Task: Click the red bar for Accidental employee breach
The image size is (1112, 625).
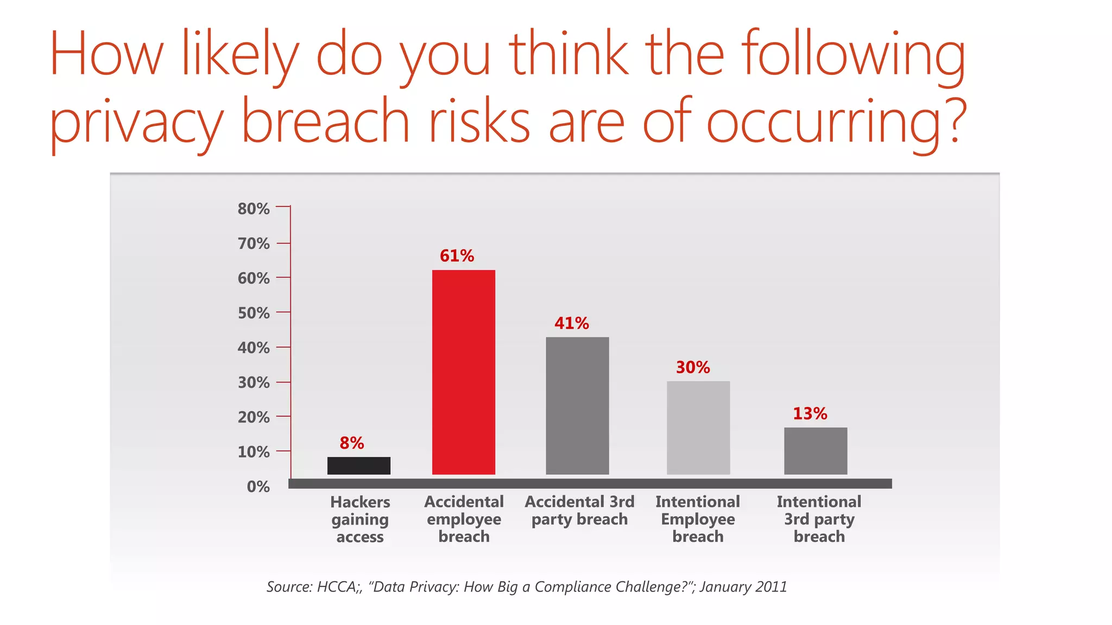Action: [463, 372]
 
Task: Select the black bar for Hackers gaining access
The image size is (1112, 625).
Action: [358, 465]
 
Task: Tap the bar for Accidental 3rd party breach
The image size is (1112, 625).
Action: [577, 406]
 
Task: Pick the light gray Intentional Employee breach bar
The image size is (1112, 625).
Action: [698, 428]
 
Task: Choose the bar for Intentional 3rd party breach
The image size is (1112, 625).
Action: [815, 451]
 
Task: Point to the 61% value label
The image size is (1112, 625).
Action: [457, 256]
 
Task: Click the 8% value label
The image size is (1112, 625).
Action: [352, 443]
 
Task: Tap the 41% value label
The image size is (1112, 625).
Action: [571, 323]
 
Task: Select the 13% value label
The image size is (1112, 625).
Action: [810, 414]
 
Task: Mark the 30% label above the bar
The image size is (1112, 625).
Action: [693, 367]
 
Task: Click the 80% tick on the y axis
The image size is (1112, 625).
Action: [254, 209]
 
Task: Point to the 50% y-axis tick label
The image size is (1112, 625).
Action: [254, 313]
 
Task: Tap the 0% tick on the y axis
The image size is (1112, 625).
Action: [258, 487]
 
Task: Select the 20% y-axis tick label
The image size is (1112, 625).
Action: [254, 417]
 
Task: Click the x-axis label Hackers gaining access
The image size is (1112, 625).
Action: [360, 519]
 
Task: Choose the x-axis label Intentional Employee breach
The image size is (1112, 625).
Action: [698, 519]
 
